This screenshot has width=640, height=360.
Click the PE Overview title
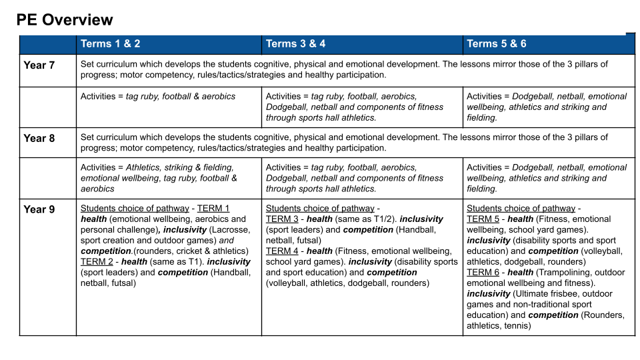point(65,20)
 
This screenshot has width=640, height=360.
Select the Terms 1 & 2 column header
point(111,44)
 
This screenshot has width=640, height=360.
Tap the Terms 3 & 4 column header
point(295,44)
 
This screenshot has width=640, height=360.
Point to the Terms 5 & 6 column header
point(497,44)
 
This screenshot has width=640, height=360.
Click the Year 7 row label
point(39,65)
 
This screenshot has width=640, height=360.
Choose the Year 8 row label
point(39,139)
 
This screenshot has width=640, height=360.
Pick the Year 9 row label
point(39,209)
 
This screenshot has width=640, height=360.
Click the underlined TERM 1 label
point(213,209)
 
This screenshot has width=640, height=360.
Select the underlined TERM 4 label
point(282,251)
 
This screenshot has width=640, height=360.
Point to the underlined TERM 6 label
point(483,273)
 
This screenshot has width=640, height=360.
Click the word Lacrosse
point(229,230)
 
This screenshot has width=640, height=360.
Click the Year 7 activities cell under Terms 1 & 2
point(158,97)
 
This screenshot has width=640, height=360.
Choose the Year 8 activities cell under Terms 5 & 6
point(547,178)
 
